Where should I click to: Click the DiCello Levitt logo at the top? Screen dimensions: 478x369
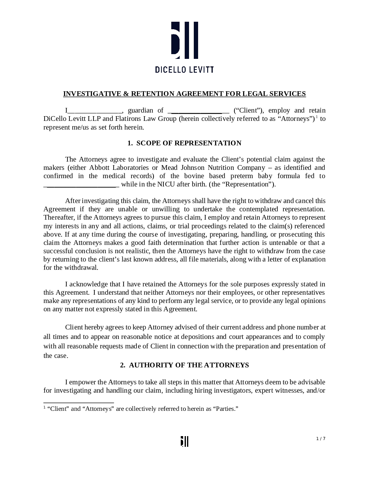[x=184, y=40]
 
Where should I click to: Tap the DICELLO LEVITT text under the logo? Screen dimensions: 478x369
[x=184, y=70]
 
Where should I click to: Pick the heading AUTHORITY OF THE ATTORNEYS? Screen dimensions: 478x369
[x=189, y=365]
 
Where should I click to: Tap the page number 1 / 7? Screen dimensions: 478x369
[x=320, y=438]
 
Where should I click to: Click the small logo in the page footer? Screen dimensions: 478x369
[x=184, y=441]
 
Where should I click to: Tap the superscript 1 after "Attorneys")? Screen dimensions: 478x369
[x=317, y=117]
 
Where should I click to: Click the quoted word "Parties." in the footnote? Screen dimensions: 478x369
[x=226, y=408]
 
